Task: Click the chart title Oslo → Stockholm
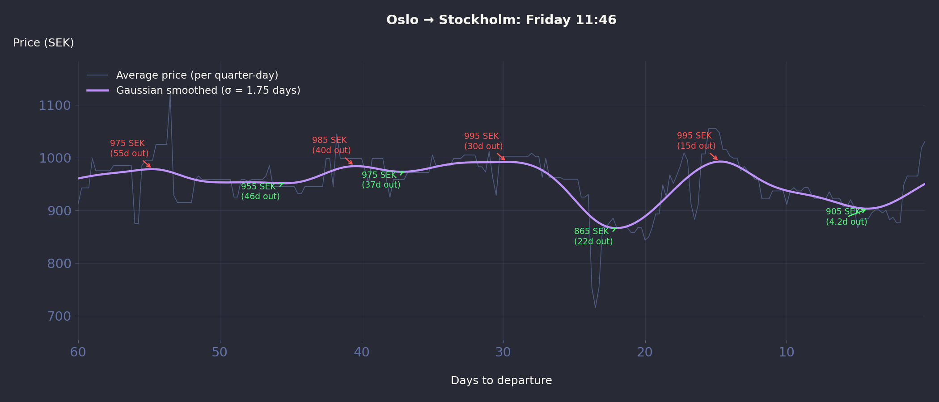pyautogui.click(x=501, y=20)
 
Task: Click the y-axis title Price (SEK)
pyautogui.click(x=43, y=43)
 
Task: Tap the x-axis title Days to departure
pyautogui.click(x=501, y=381)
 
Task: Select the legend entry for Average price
pyautogui.click(x=197, y=75)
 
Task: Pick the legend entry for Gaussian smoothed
pyautogui.click(x=208, y=90)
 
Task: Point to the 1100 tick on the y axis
pyautogui.click(x=55, y=105)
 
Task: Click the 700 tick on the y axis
pyautogui.click(x=59, y=316)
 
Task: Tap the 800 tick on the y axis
pyautogui.click(x=59, y=264)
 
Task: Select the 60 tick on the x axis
pyautogui.click(x=78, y=352)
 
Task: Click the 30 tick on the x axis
pyautogui.click(x=503, y=352)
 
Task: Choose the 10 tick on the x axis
pyautogui.click(x=787, y=352)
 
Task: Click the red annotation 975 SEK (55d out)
pyautogui.click(x=129, y=148)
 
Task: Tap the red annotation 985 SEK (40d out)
pyautogui.click(x=331, y=145)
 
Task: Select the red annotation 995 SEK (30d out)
pyautogui.click(x=483, y=141)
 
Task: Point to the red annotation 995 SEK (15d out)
pyautogui.click(x=696, y=141)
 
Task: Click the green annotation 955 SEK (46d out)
pyautogui.click(x=260, y=192)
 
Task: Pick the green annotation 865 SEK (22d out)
pyautogui.click(x=593, y=236)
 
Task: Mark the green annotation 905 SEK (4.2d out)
pyautogui.click(x=846, y=217)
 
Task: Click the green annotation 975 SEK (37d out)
pyautogui.click(x=381, y=180)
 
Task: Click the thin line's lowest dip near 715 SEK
pyautogui.click(x=595, y=307)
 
